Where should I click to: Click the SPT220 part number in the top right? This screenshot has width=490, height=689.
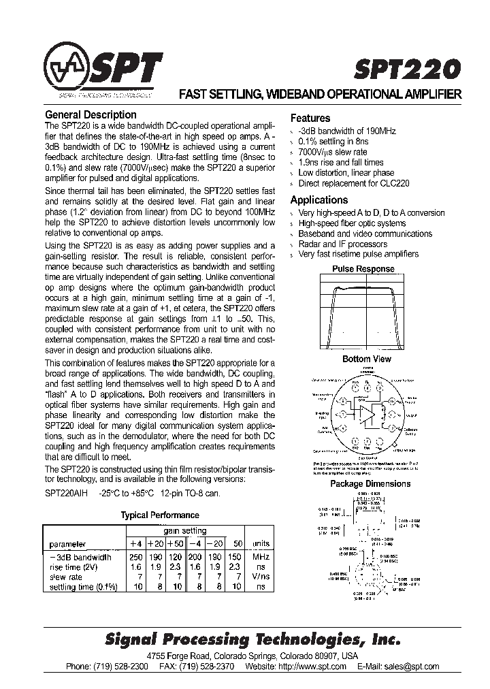(407, 69)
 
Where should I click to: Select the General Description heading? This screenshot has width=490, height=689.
(91, 115)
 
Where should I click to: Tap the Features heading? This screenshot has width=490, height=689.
(310, 118)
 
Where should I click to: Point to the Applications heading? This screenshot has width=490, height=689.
(319, 200)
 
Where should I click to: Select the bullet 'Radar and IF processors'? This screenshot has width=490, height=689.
(342, 244)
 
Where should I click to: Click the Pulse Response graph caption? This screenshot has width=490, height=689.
(363, 268)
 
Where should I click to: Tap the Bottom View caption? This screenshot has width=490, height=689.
(366, 359)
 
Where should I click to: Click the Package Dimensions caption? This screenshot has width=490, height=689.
(370, 483)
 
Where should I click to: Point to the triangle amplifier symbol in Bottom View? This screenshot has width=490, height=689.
(367, 414)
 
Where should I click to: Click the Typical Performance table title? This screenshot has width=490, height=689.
(160, 515)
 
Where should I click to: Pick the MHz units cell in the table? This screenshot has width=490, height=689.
(261, 557)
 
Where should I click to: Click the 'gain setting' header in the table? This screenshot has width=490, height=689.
(184, 531)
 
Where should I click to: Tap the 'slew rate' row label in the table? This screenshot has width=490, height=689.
(66, 577)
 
